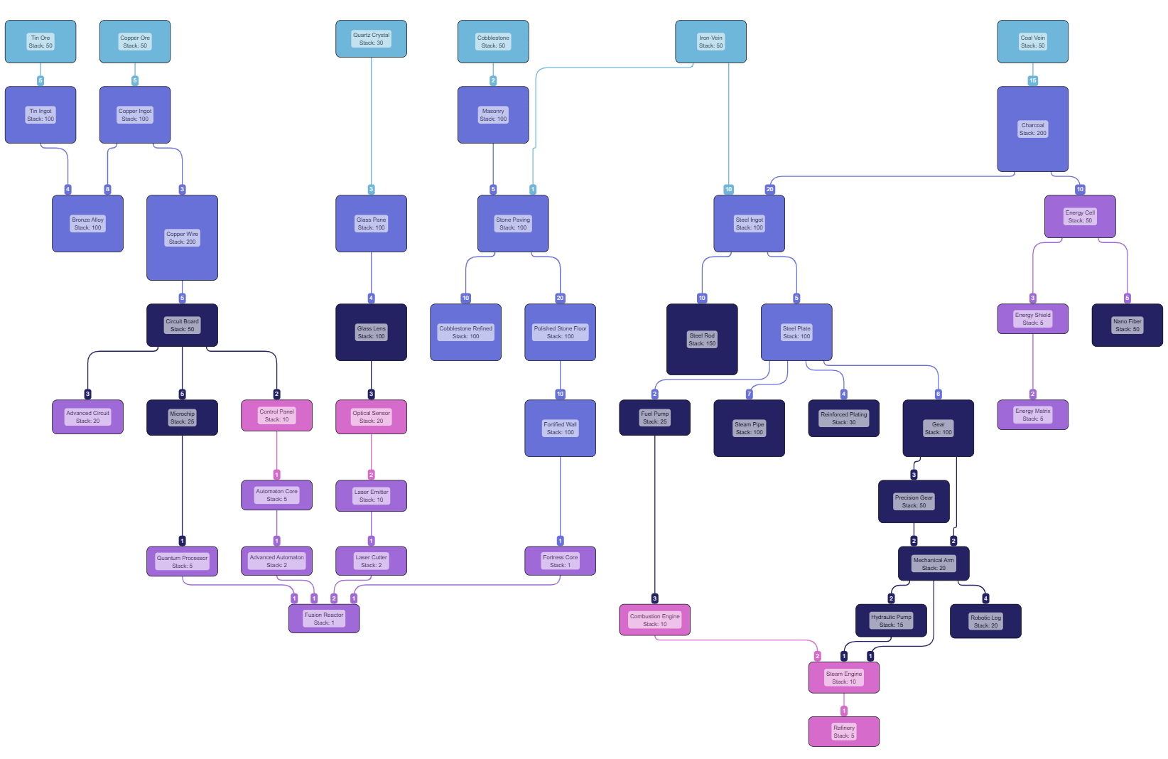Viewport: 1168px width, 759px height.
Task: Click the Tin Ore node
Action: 40,41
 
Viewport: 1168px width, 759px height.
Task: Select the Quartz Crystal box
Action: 371,38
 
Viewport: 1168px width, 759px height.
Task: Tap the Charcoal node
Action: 1032,129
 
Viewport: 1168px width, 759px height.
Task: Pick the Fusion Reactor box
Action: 324,618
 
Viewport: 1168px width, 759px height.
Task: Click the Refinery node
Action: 843,731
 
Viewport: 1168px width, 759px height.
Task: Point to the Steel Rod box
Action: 702,339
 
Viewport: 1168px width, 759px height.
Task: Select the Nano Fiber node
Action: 1127,325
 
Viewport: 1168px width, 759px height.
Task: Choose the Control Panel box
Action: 276,416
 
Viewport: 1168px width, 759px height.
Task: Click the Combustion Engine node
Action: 654,620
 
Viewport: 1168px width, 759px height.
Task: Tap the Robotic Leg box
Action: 985,621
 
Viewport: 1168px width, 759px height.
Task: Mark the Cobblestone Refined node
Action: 465,332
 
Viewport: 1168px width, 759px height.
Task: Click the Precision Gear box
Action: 914,501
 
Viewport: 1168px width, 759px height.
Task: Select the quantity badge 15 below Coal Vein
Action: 1032,80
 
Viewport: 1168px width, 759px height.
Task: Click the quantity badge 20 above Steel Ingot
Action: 769,189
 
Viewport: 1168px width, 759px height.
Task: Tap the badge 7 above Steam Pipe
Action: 749,394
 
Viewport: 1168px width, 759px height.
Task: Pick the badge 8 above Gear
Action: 938,394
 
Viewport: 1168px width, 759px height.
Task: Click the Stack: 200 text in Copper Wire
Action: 182,242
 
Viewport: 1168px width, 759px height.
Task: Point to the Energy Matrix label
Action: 1032,411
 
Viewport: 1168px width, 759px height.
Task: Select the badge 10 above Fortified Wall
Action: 560,394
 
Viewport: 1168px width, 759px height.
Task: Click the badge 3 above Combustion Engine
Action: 654,598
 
